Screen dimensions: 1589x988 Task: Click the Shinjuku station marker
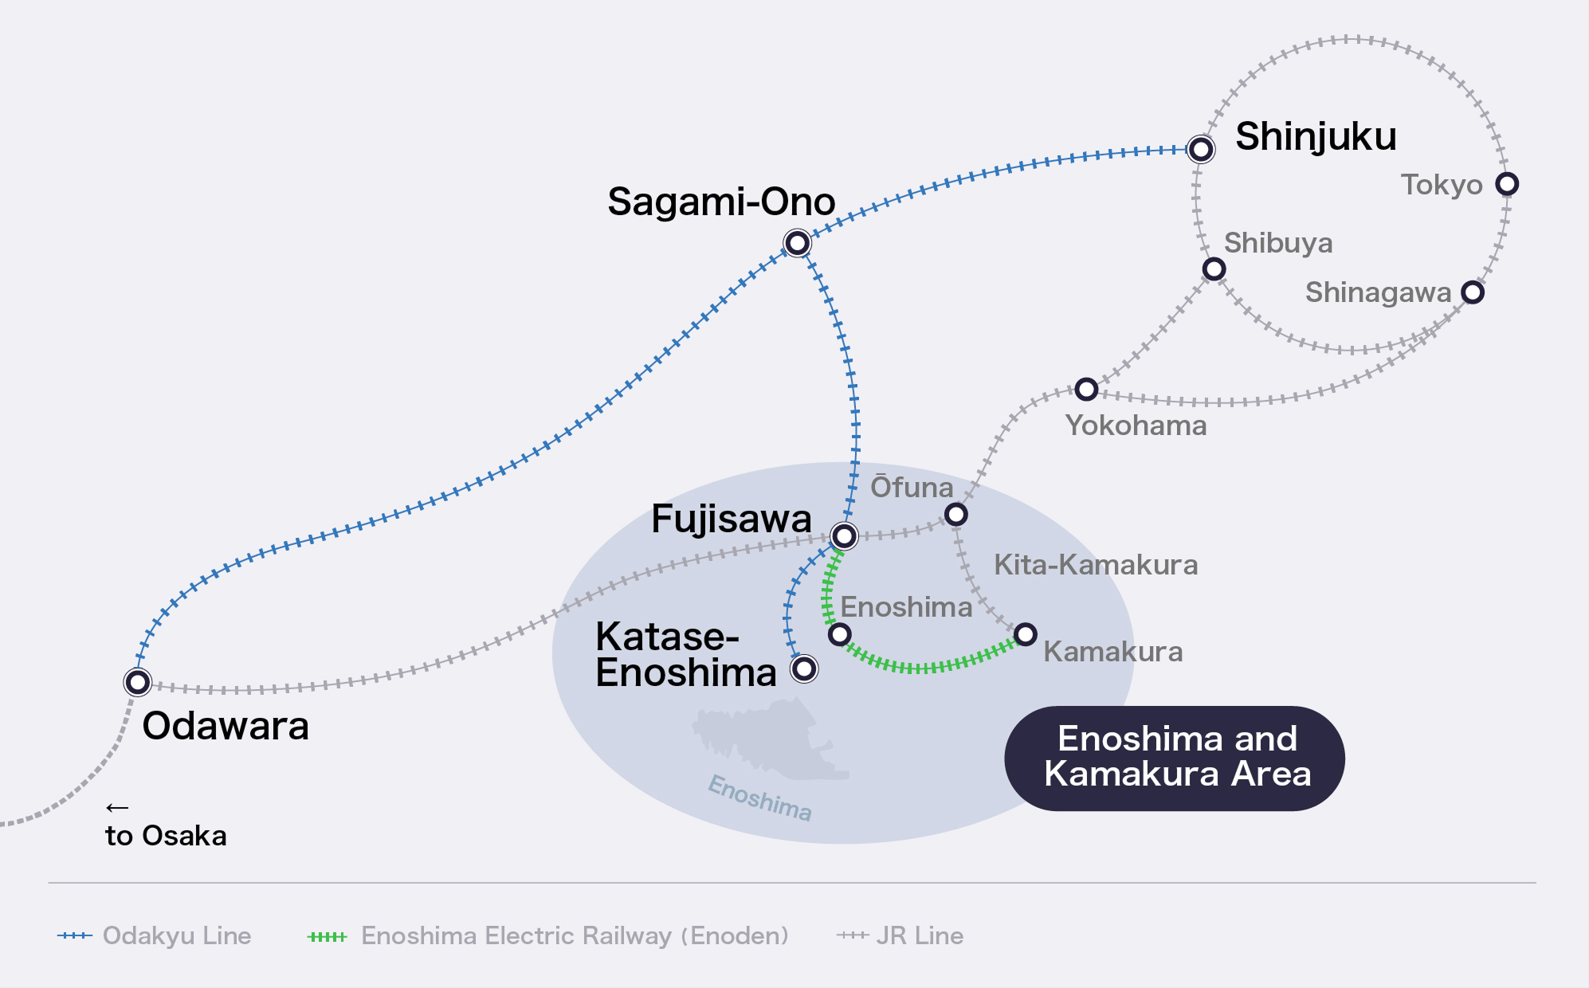click(1200, 149)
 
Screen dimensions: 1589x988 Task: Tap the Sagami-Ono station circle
click(797, 243)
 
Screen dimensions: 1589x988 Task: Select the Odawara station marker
click(138, 682)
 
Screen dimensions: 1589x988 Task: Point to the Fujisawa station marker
click(844, 535)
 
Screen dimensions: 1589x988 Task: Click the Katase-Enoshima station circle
click(804, 668)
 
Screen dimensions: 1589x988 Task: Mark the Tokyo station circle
click(1507, 184)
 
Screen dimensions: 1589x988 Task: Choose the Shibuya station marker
click(1214, 269)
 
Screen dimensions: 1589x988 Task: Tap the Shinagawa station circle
click(1473, 292)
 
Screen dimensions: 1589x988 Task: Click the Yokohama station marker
click(1086, 390)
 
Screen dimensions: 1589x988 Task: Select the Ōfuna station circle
click(956, 515)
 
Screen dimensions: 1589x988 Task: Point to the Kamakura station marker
click(1026, 634)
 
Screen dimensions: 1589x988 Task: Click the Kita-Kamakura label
click(1096, 565)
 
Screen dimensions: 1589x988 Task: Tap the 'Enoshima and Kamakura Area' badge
click(1175, 758)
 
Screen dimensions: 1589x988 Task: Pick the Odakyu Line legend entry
click(155, 935)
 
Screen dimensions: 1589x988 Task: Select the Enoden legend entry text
click(575, 935)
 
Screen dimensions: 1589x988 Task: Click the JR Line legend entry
click(900, 935)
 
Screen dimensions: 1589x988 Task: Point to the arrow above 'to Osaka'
click(117, 808)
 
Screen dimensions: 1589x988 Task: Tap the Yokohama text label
click(1136, 425)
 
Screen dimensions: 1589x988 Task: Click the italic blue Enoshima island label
click(760, 798)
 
